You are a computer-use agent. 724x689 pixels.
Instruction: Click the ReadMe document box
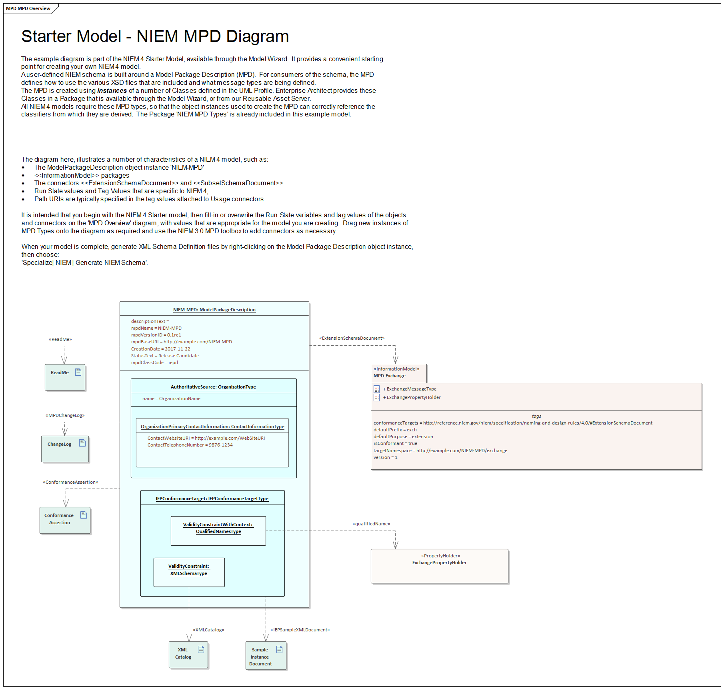pyautogui.click(x=65, y=377)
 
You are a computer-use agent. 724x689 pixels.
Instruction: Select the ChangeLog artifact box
pyautogui.click(x=65, y=449)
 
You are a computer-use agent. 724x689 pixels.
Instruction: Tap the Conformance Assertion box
pyautogui.click(x=65, y=520)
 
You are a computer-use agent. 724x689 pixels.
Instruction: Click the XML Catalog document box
pyautogui.click(x=188, y=655)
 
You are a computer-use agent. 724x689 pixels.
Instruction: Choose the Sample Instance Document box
pyautogui.click(x=266, y=655)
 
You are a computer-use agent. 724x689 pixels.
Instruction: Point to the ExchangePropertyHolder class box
pyautogui.click(x=439, y=566)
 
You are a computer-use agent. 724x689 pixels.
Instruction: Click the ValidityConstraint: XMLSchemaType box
pyautogui.click(x=189, y=572)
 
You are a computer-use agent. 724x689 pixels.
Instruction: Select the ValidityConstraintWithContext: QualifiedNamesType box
pyautogui.click(x=218, y=530)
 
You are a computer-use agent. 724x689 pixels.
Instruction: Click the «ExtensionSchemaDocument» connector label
pyautogui.click(x=352, y=338)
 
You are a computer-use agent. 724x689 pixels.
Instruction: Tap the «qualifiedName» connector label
pyautogui.click(x=371, y=524)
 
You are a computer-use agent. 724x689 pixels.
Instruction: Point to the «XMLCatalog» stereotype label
pyautogui.click(x=208, y=630)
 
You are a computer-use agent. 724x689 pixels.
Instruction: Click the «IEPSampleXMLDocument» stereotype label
pyautogui.click(x=300, y=630)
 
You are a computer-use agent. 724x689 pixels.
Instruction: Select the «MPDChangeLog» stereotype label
pyautogui.click(x=65, y=415)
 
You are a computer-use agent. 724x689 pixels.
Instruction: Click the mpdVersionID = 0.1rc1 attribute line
pyautogui.click(x=156, y=335)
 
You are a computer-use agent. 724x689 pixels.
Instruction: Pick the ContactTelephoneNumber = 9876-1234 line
pyautogui.click(x=190, y=445)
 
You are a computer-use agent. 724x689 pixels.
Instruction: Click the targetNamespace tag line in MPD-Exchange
pyautogui.click(x=440, y=451)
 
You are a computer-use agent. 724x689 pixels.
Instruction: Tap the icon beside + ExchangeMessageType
pyautogui.click(x=376, y=389)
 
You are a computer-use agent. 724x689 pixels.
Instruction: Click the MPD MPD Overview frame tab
pyautogui.click(x=28, y=8)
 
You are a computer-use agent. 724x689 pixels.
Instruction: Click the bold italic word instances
pyautogui.click(x=112, y=91)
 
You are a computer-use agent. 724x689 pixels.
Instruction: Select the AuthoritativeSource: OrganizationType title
pyautogui.click(x=213, y=387)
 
